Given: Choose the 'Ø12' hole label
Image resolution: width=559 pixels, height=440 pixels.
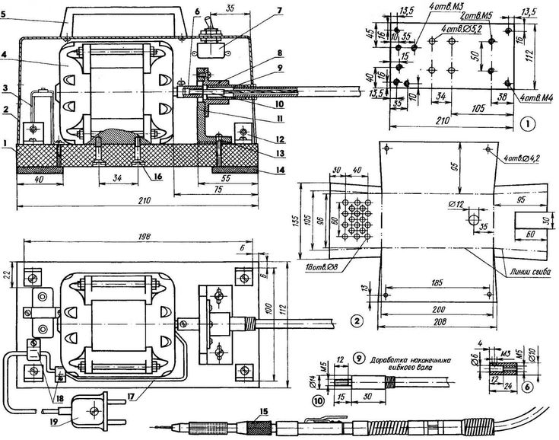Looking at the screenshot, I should [455, 204].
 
